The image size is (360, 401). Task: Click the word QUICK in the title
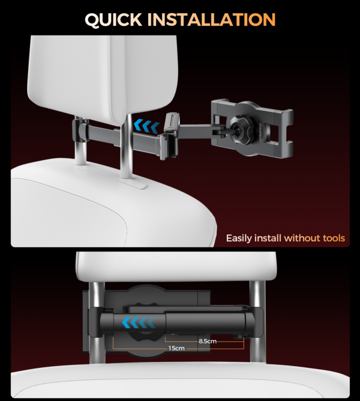tap(113, 19)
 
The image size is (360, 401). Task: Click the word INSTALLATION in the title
tap(211, 19)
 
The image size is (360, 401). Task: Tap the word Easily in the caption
tap(239, 238)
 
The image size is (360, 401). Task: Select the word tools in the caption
tap(334, 238)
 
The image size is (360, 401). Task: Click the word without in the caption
tap(302, 238)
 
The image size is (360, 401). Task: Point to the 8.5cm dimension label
tap(208, 341)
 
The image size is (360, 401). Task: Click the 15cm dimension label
tap(176, 348)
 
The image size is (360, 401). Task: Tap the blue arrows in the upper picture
tap(146, 126)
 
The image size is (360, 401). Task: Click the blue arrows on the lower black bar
tap(139, 322)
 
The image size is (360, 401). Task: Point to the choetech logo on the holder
tap(260, 132)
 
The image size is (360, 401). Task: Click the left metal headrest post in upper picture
tap(80, 141)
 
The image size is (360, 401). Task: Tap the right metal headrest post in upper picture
tap(126, 145)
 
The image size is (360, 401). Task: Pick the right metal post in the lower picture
tap(257, 322)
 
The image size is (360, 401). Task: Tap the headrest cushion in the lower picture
tap(176, 266)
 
